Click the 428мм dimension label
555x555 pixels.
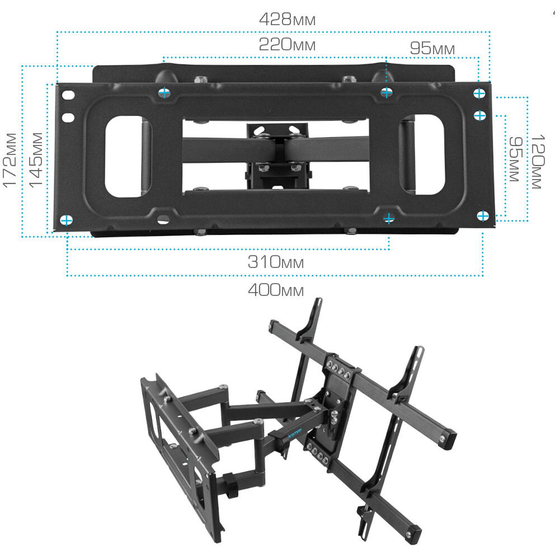pyautogui.click(x=287, y=19)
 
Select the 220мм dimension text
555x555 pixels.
pyautogui.click(x=287, y=45)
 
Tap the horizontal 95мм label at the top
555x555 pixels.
pyautogui.click(x=432, y=49)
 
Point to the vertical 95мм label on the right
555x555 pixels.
pyautogui.click(x=516, y=159)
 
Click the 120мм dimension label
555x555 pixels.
pyautogui.click(x=537, y=162)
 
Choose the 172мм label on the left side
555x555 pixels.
pyautogui.click(x=10, y=160)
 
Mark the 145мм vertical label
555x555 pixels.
pyautogui.click(x=35, y=160)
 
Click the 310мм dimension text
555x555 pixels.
pyautogui.click(x=276, y=262)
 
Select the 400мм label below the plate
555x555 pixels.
pyautogui.click(x=276, y=290)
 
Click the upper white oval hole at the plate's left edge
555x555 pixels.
pyautogui.click(x=68, y=95)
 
